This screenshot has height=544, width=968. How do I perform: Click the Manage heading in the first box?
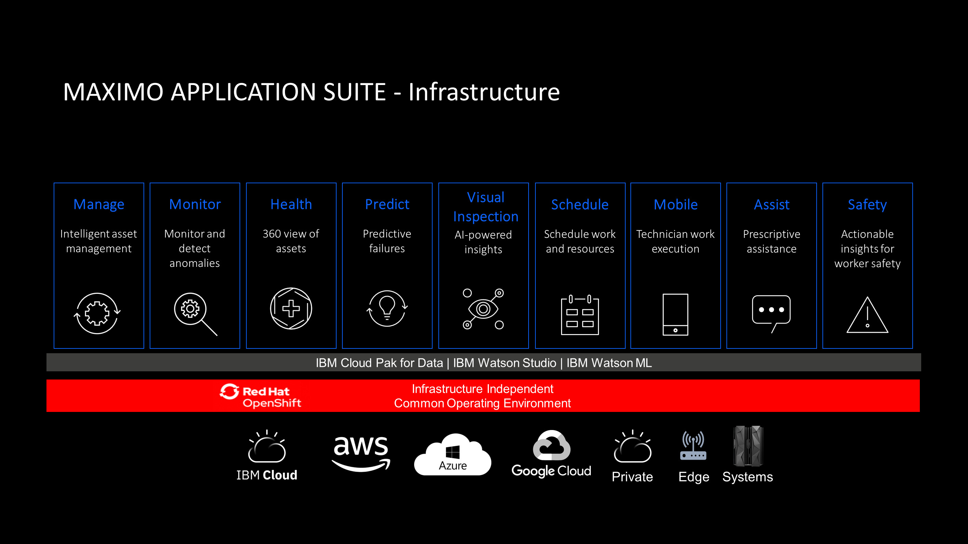[99, 205]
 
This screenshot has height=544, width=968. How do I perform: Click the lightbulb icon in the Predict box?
[387, 309]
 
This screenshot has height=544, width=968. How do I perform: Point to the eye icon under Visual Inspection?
[483, 309]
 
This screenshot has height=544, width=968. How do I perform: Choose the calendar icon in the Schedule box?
[580, 315]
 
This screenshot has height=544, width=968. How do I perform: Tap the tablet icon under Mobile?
[675, 315]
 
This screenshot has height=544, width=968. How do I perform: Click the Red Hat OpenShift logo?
[260, 396]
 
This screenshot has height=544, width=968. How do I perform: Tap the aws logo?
[361, 454]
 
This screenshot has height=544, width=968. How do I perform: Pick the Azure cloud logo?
[452, 454]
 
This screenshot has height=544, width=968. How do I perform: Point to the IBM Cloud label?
[267, 475]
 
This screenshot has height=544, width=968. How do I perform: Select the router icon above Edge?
[693, 446]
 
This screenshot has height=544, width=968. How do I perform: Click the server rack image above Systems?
[748, 446]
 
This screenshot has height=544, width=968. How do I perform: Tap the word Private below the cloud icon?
[632, 477]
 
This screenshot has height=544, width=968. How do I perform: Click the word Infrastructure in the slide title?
[484, 92]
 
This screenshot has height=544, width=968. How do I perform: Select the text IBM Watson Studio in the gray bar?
[505, 363]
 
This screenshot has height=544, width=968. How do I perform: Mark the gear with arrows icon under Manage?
[97, 313]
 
